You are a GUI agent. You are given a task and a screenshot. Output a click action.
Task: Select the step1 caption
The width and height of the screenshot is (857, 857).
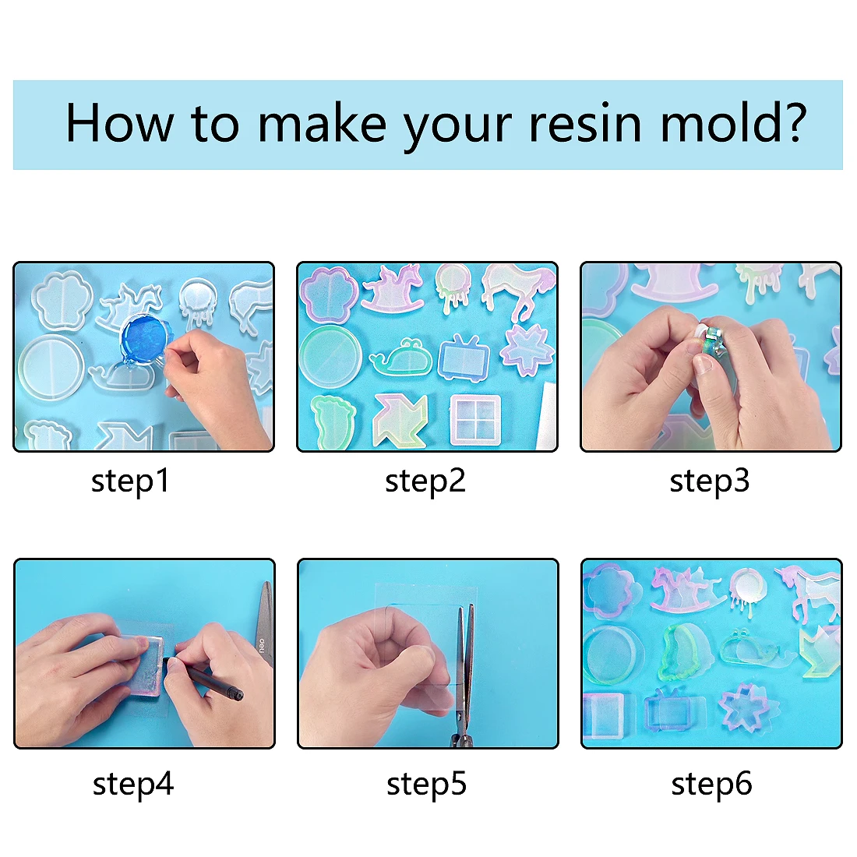tap(130, 481)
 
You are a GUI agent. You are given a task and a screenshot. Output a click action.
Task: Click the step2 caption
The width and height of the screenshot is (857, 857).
tap(425, 481)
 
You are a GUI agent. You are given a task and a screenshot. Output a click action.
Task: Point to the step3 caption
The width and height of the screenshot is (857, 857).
tap(709, 481)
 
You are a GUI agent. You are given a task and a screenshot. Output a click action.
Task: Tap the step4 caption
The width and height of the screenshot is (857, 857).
tap(132, 784)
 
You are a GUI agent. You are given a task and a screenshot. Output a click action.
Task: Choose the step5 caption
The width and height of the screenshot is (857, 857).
tap(426, 784)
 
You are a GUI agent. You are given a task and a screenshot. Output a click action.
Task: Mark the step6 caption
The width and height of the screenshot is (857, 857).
tap(711, 784)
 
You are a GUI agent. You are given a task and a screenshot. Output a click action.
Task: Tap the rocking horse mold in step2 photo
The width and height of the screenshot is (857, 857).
tap(392, 289)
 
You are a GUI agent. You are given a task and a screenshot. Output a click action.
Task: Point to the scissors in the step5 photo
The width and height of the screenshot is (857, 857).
tap(464, 670)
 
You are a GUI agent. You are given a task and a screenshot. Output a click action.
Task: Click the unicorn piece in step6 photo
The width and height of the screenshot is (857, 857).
tap(810, 596)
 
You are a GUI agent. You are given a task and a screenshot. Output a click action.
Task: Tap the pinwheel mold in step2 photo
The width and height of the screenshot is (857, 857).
tap(400, 418)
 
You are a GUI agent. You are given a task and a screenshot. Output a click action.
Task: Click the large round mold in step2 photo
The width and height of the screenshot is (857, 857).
tap(330, 357)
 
